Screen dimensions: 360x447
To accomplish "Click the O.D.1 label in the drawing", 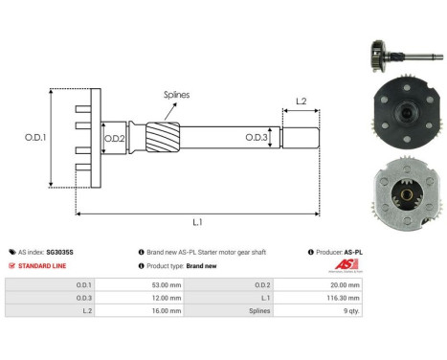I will click(x=34, y=138).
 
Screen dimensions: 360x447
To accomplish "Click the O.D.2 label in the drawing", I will click(x=115, y=139).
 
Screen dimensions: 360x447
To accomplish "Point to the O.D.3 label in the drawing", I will click(x=256, y=138).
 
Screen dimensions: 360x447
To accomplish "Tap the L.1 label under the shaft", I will click(x=197, y=223).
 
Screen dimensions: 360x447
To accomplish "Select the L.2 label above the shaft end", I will click(x=299, y=101).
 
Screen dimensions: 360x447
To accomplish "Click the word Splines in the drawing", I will click(x=174, y=95).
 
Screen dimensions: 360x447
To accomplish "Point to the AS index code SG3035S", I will click(x=58, y=252).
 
